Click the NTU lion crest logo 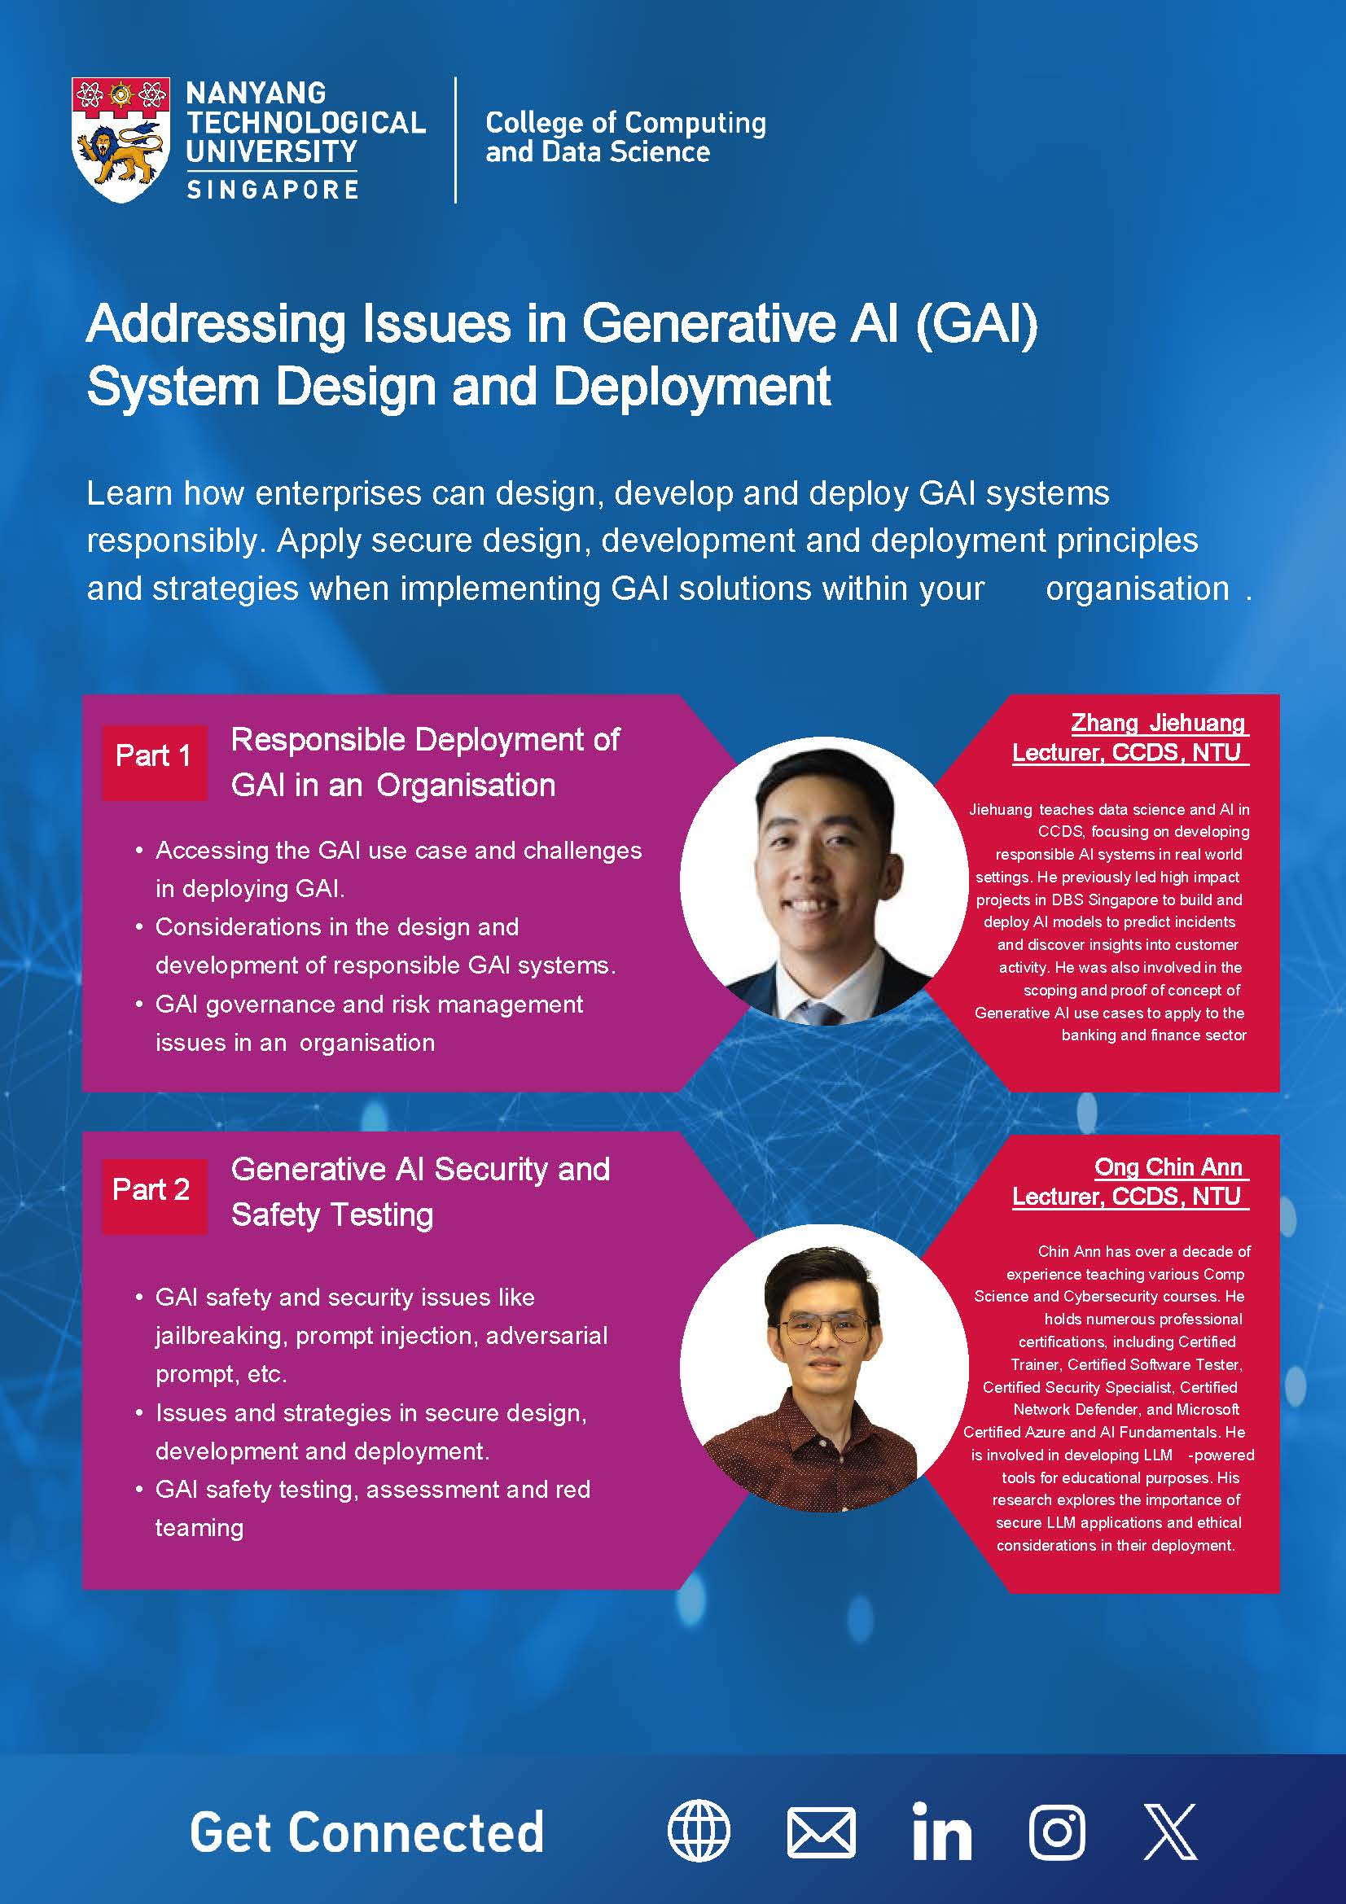pos(121,139)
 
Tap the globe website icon pos(699,1832)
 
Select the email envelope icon pos(820,1832)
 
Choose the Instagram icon pos(1058,1832)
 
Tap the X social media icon pos(1170,1832)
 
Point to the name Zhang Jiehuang pos(1158,723)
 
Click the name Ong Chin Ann pos(1168,1166)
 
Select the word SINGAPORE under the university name pos(272,190)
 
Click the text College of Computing pos(626,123)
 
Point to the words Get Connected pos(366,1832)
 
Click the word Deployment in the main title pos(691,387)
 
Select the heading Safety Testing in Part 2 pos(331,1215)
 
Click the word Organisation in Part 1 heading pos(466,786)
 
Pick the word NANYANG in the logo pos(256,93)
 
